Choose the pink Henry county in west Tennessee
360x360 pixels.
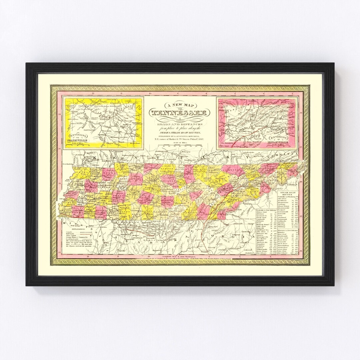pos(108,174)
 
